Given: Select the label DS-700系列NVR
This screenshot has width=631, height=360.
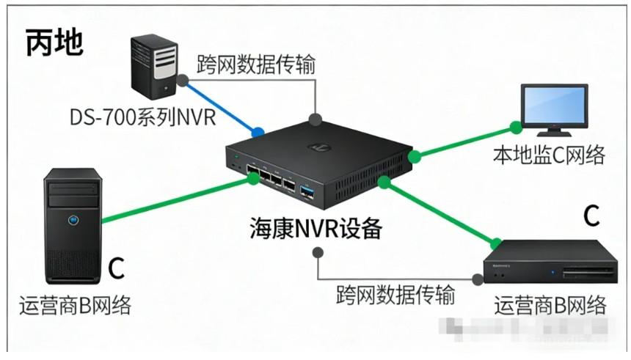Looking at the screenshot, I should pyautogui.click(x=144, y=117).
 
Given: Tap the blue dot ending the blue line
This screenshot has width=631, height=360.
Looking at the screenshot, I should pyautogui.click(x=258, y=133).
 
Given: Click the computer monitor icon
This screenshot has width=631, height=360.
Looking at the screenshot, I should pyautogui.click(x=553, y=109).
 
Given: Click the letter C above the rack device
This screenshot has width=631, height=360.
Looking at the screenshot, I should pyautogui.click(x=591, y=216).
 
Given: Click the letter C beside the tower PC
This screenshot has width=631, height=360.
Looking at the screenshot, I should pyautogui.click(x=116, y=269).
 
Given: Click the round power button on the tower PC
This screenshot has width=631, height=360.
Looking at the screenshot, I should pyautogui.click(x=73, y=218).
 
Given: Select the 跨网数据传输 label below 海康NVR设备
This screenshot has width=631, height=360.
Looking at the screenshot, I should pyautogui.click(x=395, y=295).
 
